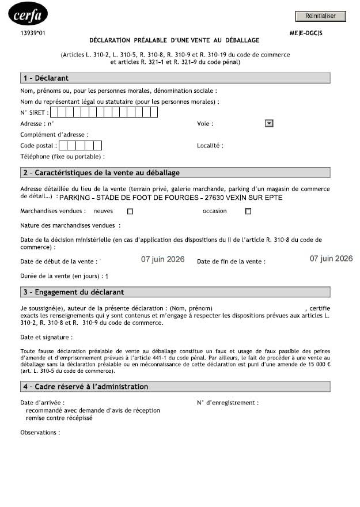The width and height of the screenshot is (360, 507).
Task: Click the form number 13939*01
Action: point(32,33)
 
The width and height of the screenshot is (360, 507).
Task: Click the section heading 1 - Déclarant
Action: point(46,78)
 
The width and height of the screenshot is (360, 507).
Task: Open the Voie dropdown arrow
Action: point(268,123)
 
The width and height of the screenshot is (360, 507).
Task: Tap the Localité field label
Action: point(210,146)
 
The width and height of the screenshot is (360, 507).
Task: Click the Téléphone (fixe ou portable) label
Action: point(62,157)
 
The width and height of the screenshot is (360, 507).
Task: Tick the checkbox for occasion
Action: point(248,211)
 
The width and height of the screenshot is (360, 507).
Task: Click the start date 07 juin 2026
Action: point(163,259)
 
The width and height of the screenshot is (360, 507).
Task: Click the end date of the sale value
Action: point(331,259)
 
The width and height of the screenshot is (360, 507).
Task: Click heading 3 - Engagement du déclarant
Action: point(73,292)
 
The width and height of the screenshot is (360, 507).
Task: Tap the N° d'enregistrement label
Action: point(228,403)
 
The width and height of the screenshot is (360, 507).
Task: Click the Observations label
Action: point(40,432)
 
